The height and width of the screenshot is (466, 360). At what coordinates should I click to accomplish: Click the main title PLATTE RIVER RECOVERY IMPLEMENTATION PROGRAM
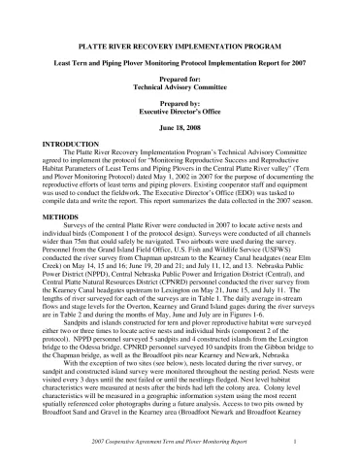180,47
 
